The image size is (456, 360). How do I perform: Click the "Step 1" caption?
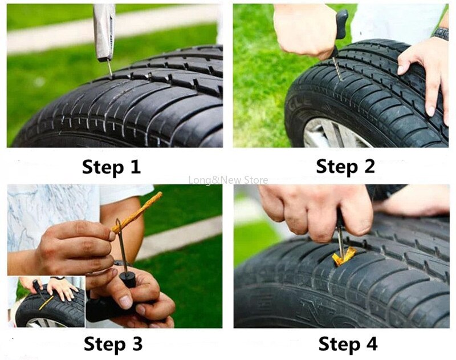pos(111,167)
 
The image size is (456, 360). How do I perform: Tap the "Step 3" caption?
pos(112,344)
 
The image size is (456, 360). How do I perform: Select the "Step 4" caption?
pos(347,344)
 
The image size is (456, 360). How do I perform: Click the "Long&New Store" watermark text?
pos(228,180)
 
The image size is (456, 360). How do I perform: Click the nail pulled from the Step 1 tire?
pos(109,67)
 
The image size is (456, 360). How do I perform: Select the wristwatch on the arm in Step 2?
pos(440,33)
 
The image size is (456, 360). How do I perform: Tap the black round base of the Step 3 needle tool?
pos(128,280)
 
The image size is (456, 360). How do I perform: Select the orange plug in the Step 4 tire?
pos(343,257)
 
